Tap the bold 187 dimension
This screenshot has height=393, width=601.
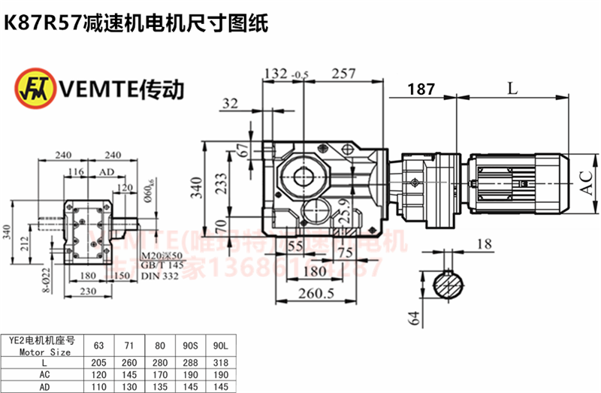421,89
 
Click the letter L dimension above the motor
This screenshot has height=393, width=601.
512,88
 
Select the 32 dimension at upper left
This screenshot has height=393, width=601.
231,104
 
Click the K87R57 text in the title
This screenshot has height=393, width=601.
41,24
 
